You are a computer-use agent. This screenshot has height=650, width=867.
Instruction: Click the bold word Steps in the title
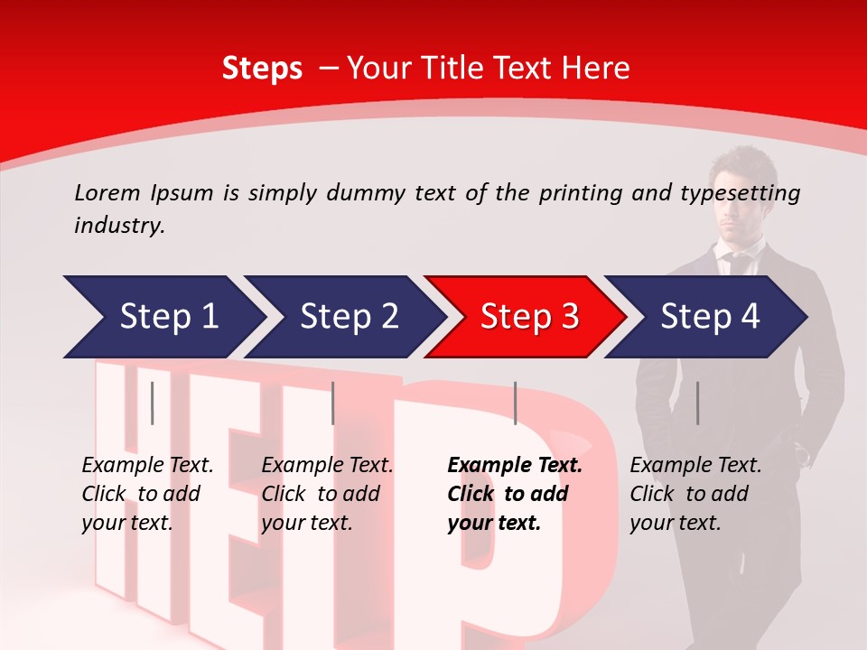coord(262,69)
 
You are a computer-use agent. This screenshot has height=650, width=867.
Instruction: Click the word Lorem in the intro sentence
coord(107,192)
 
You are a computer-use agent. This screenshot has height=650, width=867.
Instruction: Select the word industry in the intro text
coord(118,225)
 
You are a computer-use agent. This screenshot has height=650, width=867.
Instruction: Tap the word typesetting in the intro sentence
coord(736,193)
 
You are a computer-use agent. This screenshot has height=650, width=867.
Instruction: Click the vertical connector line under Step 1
coord(153,403)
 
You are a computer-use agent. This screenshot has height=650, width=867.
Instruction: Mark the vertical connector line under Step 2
coord(333,403)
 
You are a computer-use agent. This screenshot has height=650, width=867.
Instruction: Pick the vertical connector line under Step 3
coord(515,403)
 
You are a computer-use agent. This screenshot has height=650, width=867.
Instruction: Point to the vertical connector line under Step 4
coord(697,403)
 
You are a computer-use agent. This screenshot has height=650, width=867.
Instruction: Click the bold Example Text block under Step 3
coord(513,494)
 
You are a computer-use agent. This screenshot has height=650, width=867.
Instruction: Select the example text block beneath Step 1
coord(146,494)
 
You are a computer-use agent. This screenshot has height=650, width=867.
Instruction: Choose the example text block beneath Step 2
coord(326,494)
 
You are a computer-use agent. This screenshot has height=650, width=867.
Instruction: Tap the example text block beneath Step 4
coord(695,494)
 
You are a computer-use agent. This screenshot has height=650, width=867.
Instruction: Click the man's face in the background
coord(741,194)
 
